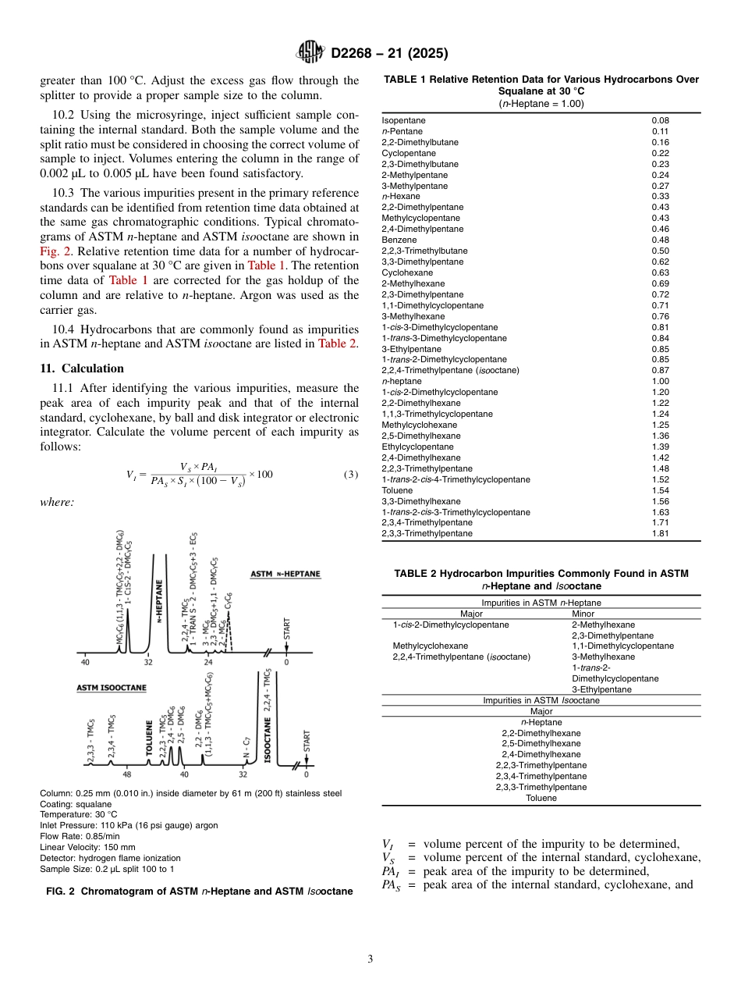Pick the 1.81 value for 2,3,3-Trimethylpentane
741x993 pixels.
point(660,533)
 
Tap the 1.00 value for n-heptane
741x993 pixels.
point(660,381)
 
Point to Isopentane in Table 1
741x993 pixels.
point(403,120)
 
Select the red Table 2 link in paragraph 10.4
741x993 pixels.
point(338,344)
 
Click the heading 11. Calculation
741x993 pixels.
point(82,368)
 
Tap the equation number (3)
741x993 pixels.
point(351,475)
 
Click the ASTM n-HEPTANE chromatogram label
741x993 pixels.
point(285,575)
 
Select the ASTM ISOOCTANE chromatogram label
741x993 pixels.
point(111,688)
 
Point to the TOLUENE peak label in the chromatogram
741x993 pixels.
point(150,742)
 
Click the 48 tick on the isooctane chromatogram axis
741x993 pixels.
point(126,775)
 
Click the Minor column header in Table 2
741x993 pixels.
point(583,614)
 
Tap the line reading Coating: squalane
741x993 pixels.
point(76,804)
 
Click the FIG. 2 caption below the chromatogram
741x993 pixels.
point(199,891)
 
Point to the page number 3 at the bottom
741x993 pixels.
point(370,959)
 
